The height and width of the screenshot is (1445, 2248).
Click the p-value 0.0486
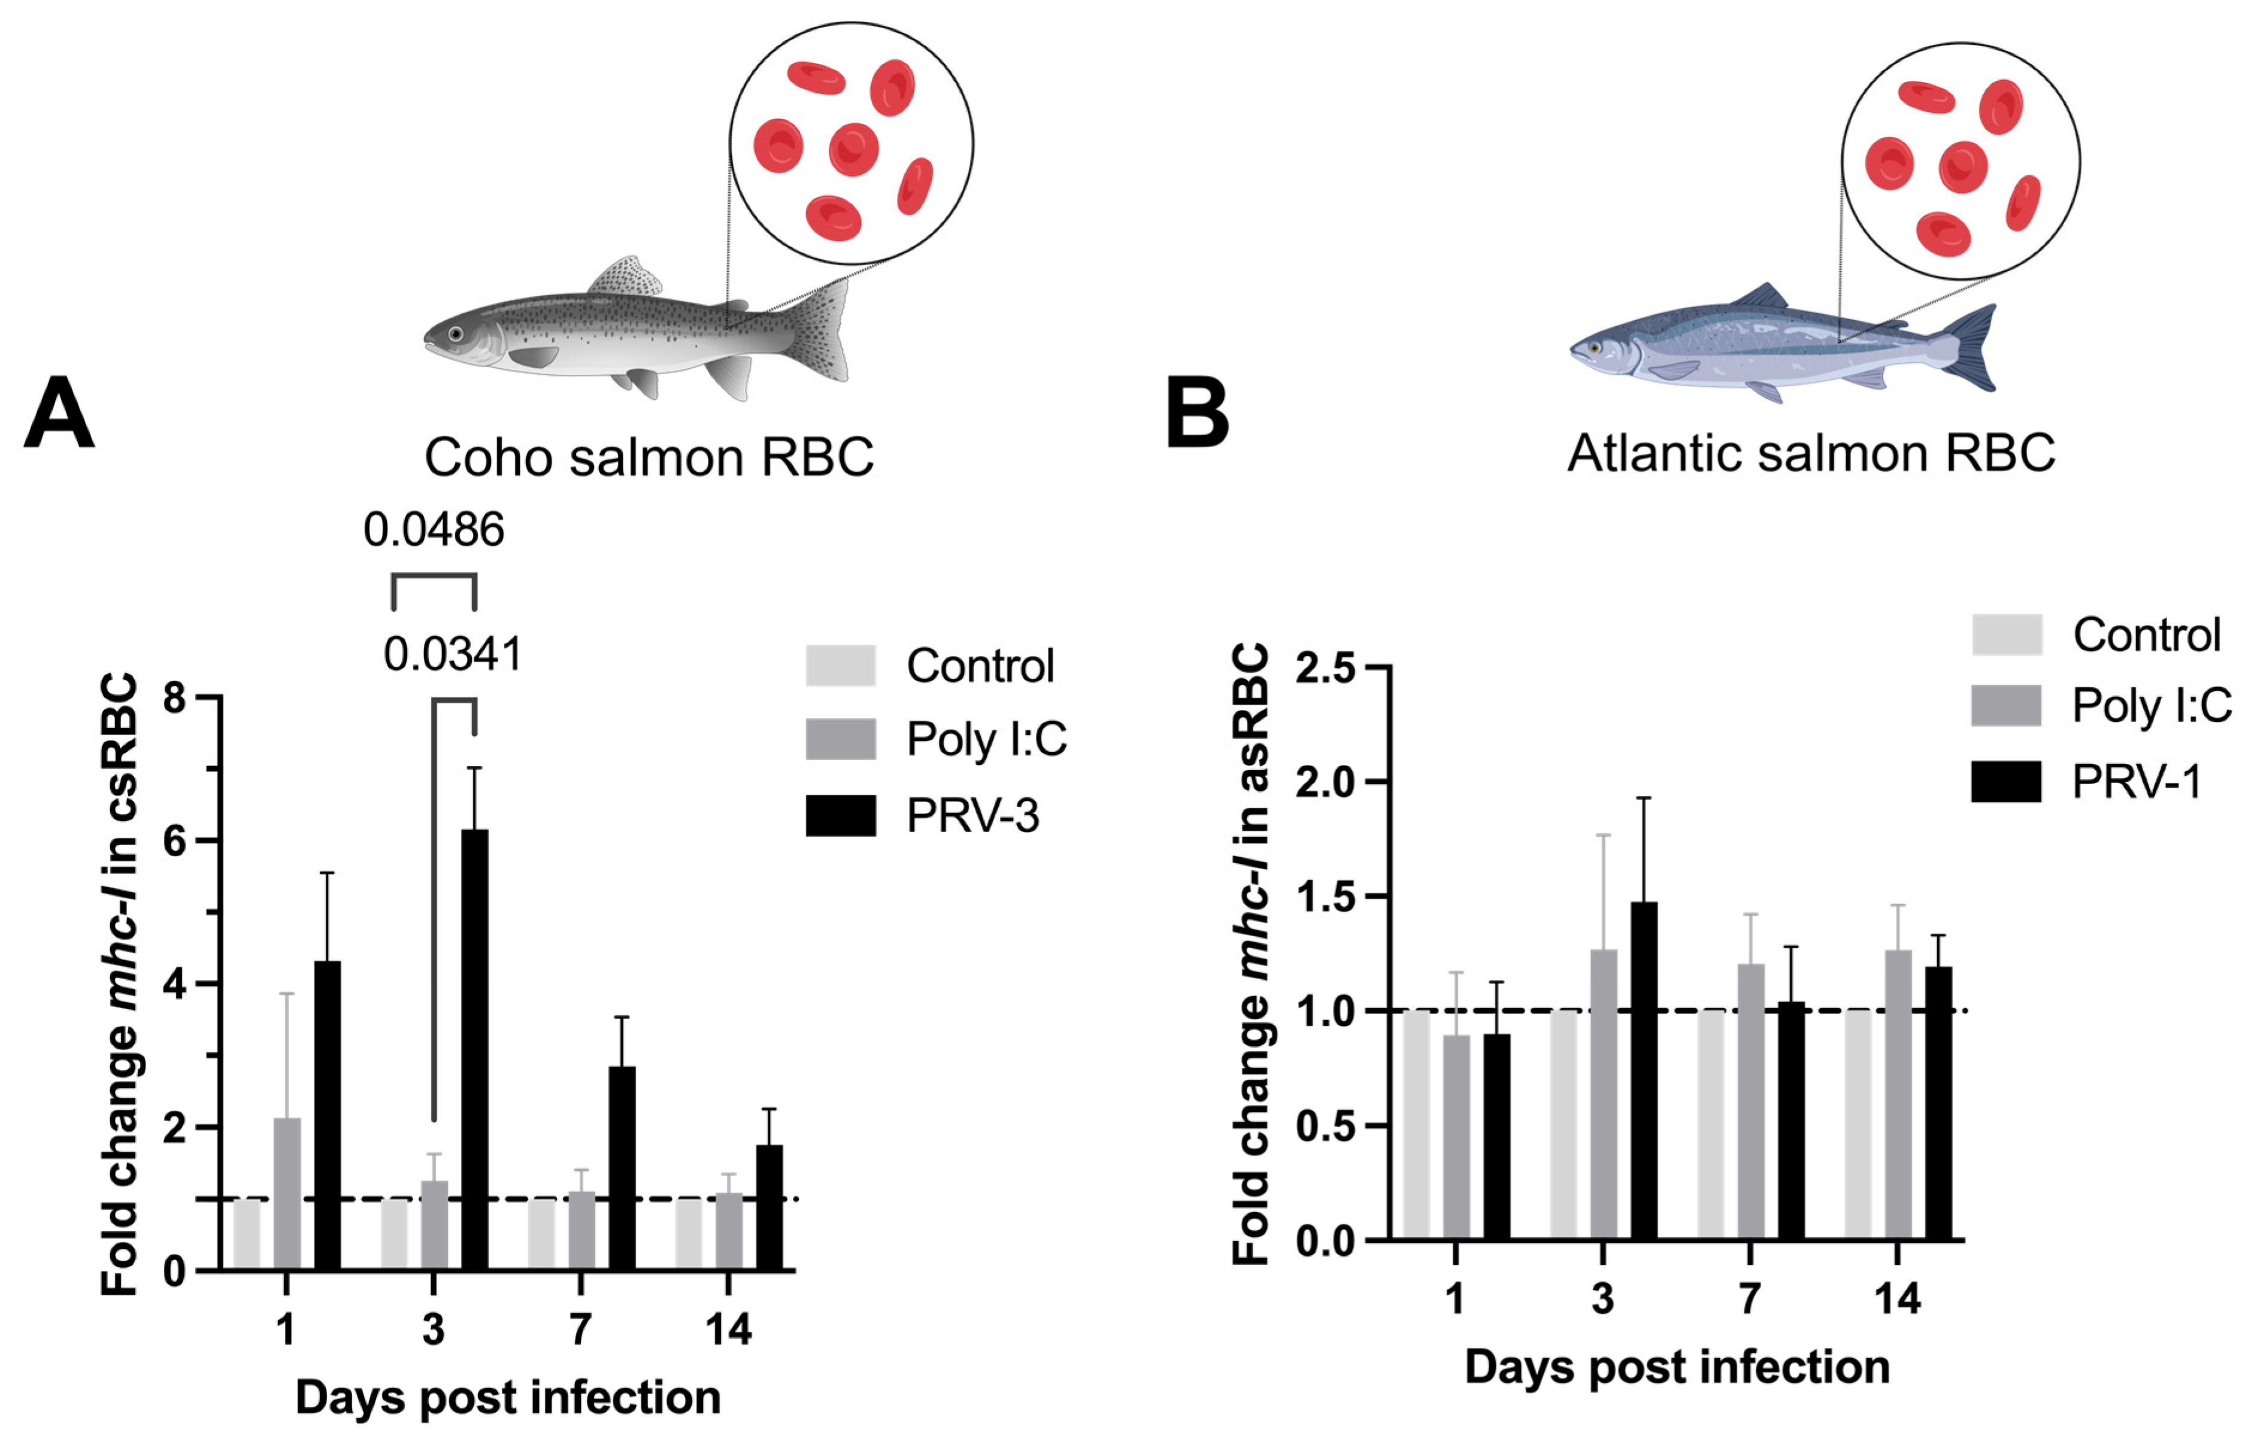[434, 530]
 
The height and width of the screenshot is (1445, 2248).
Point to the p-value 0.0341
[453, 654]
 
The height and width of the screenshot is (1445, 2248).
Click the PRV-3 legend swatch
[840, 815]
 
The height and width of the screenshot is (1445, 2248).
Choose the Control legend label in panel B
[2147, 635]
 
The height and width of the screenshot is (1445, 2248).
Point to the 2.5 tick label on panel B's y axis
[1325, 668]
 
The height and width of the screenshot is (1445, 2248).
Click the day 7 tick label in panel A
[581, 1329]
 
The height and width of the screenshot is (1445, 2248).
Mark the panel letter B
[1196, 413]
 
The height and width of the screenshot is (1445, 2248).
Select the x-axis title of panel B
[1676, 1367]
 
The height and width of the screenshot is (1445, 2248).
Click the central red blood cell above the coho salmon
[853, 149]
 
